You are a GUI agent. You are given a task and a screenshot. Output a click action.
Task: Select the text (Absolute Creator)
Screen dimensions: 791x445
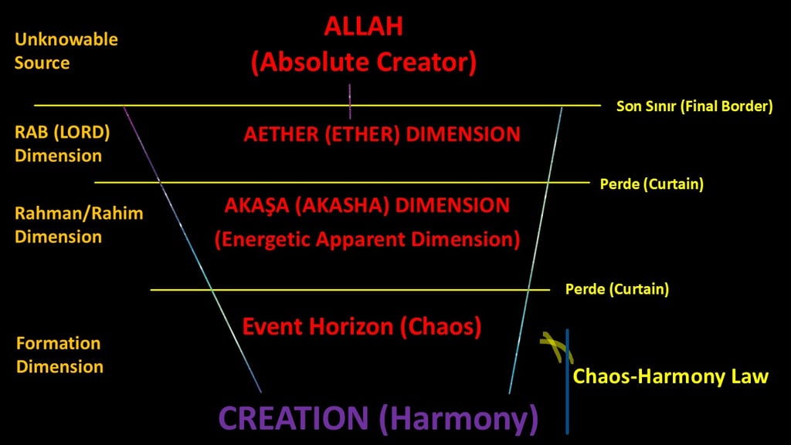click(x=363, y=62)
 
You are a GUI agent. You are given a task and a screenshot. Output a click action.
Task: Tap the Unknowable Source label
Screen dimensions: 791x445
click(x=66, y=51)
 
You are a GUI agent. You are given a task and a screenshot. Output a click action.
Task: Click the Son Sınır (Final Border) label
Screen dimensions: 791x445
click(x=694, y=106)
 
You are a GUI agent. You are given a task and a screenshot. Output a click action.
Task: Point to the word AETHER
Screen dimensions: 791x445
click(x=280, y=134)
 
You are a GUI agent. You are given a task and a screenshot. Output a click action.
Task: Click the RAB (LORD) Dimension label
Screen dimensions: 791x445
click(x=62, y=143)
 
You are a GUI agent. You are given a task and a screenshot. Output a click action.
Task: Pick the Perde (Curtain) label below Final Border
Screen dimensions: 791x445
click(x=651, y=184)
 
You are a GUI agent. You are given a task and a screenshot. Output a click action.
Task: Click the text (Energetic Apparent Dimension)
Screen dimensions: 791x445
click(x=367, y=239)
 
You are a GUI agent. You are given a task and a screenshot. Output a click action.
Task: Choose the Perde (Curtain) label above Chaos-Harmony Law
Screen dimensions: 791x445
click(x=616, y=290)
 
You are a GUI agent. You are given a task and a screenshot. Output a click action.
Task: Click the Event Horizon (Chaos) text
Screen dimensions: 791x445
click(x=362, y=326)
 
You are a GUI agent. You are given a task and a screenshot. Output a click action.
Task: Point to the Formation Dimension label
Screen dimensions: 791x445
click(x=59, y=355)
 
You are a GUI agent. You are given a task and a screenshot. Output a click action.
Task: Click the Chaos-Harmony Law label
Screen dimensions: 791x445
click(x=670, y=377)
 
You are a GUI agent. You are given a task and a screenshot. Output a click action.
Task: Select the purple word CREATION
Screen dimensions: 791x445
click(x=294, y=419)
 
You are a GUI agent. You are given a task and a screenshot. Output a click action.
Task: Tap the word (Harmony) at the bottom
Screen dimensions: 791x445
click(x=459, y=419)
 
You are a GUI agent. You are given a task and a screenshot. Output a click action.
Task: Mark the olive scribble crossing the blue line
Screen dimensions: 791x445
click(x=556, y=346)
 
